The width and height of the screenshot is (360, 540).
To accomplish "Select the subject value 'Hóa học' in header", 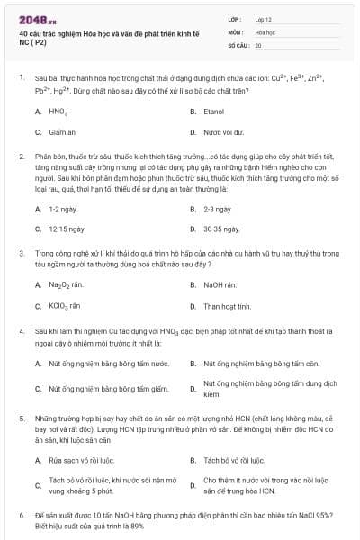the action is [x=264, y=31].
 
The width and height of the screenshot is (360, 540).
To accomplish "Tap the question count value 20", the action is [x=258, y=44].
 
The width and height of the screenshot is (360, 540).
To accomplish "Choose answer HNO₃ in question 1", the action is [x=58, y=112].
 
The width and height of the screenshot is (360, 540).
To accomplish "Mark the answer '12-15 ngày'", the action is [x=66, y=229].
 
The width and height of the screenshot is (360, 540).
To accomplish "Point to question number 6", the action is [x=21, y=516].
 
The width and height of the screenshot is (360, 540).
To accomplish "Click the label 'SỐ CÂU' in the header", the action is [x=237, y=44].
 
